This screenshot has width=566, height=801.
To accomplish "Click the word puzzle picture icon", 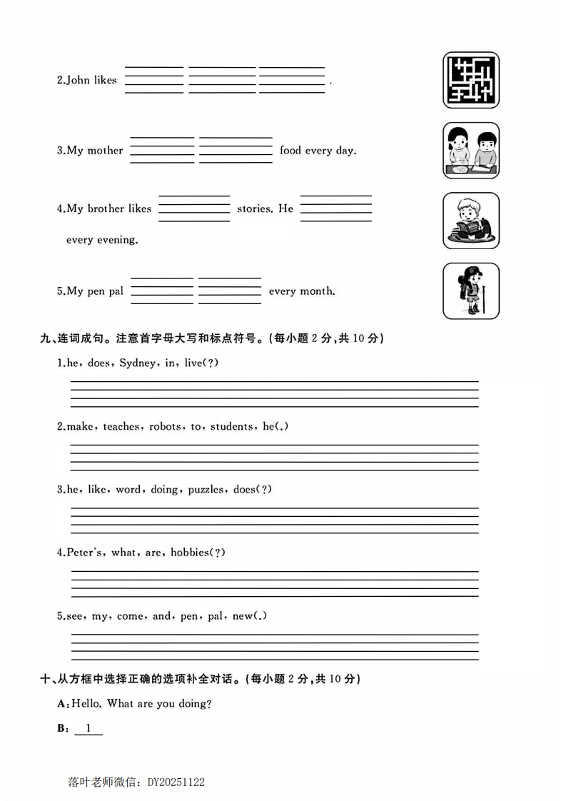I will tap(470, 80).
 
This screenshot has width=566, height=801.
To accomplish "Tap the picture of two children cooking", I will tap(470, 150).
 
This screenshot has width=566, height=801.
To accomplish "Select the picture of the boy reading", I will tap(470, 221).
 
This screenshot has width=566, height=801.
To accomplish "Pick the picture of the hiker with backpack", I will tap(470, 291).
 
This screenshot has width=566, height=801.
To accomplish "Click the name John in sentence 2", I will tap(78, 81).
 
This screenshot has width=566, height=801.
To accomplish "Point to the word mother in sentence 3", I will tap(105, 151).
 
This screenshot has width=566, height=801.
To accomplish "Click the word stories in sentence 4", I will tap(254, 209).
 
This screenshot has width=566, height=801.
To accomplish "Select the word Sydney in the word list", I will tap(136, 363).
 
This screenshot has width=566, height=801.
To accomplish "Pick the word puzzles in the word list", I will tap(206, 490).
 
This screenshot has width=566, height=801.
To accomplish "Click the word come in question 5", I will tap(130, 616).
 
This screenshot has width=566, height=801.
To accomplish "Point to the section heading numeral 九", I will tap(46, 338).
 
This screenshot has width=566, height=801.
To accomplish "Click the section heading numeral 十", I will tap(46, 679).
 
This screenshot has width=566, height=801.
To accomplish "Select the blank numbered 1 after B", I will tap(89, 729).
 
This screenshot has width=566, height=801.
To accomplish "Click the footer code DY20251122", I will tap(176, 782).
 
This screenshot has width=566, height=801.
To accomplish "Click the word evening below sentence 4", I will tap(116, 240).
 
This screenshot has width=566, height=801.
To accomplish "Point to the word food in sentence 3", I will tap(290, 151).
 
